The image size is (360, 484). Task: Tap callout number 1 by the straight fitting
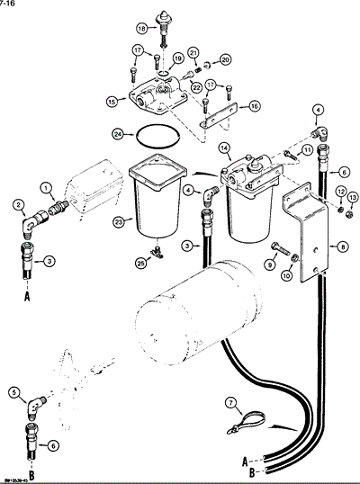(45, 186)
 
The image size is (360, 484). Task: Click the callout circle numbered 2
(18, 205)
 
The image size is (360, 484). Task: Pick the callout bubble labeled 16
(255, 106)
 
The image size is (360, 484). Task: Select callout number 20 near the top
(226, 60)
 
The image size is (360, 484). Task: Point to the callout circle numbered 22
(196, 86)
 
